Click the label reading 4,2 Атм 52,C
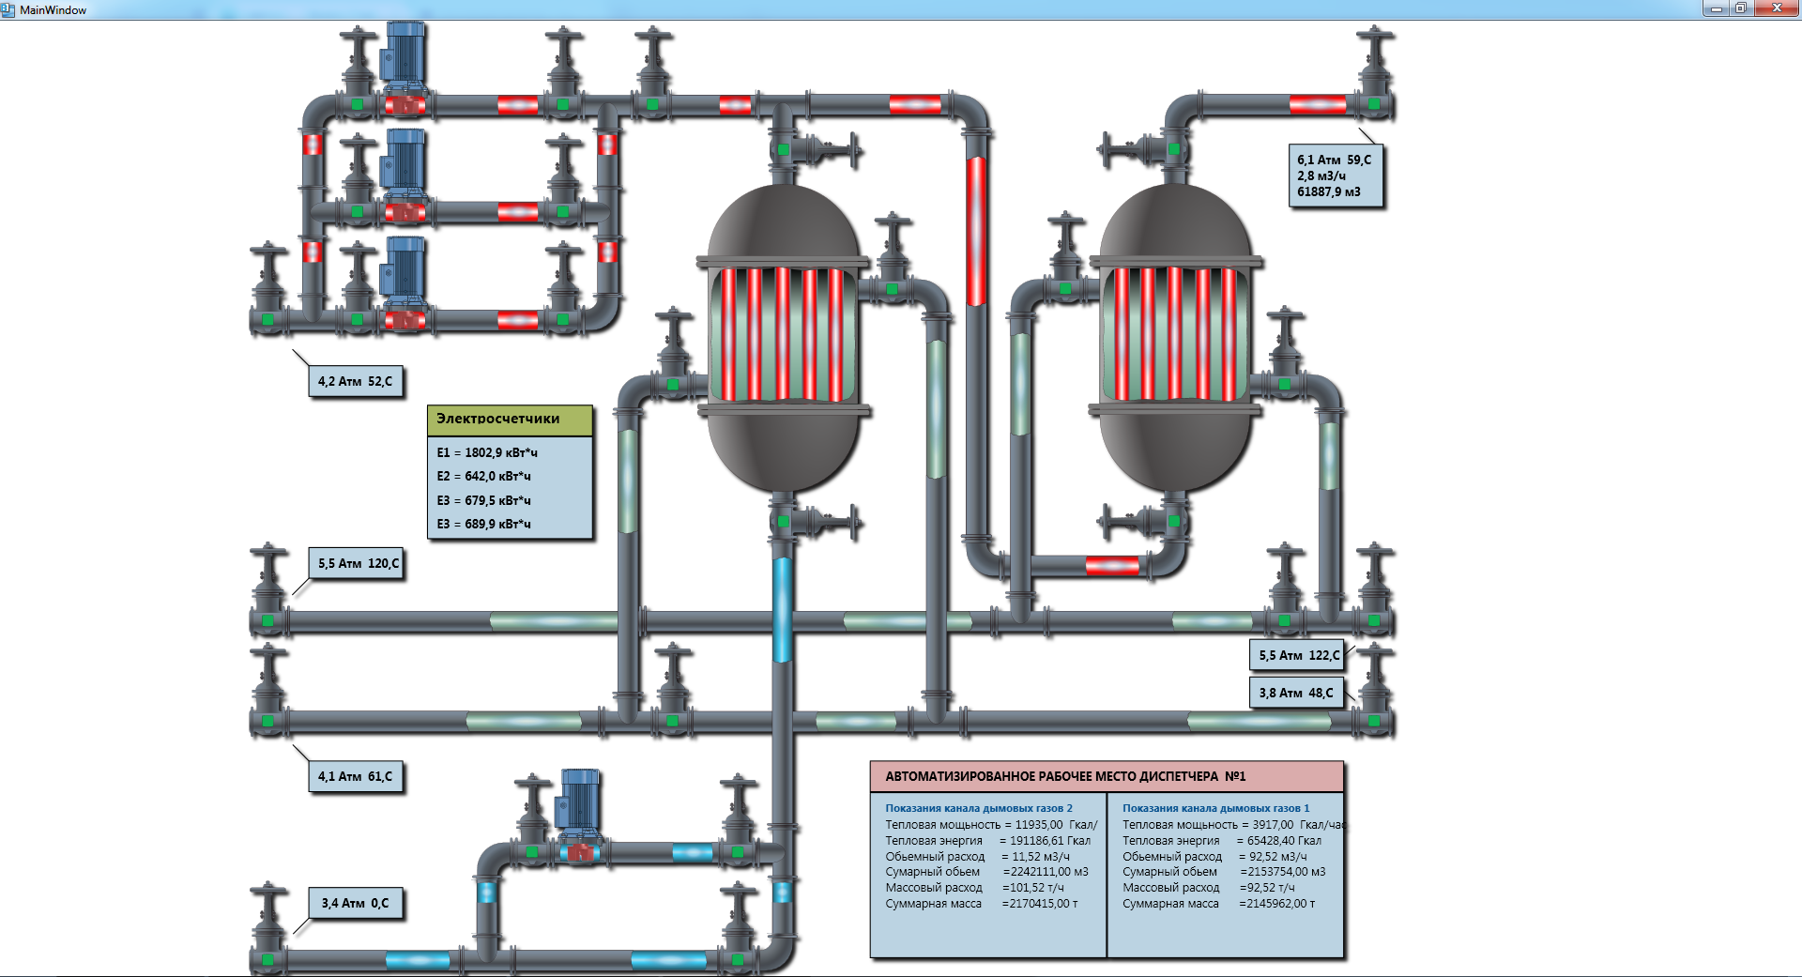(356, 381)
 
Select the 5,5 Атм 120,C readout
(357, 563)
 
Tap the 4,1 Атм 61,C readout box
(356, 776)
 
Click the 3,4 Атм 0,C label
(356, 903)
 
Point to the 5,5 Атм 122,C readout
(1298, 655)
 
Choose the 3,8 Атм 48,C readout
(1296, 693)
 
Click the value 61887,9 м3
(1329, 191)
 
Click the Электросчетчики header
(497, 419)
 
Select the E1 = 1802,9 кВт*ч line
(487, 452)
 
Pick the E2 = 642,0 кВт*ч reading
(484, 476)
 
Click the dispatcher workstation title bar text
(1065, 776)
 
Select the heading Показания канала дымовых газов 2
(979, 808)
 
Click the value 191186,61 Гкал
(1050, 841)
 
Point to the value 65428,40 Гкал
(1284, 841)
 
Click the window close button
(1776, 8)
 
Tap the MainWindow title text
(53, 10)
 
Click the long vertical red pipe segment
(976, 231)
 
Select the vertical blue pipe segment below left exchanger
(782, 610)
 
